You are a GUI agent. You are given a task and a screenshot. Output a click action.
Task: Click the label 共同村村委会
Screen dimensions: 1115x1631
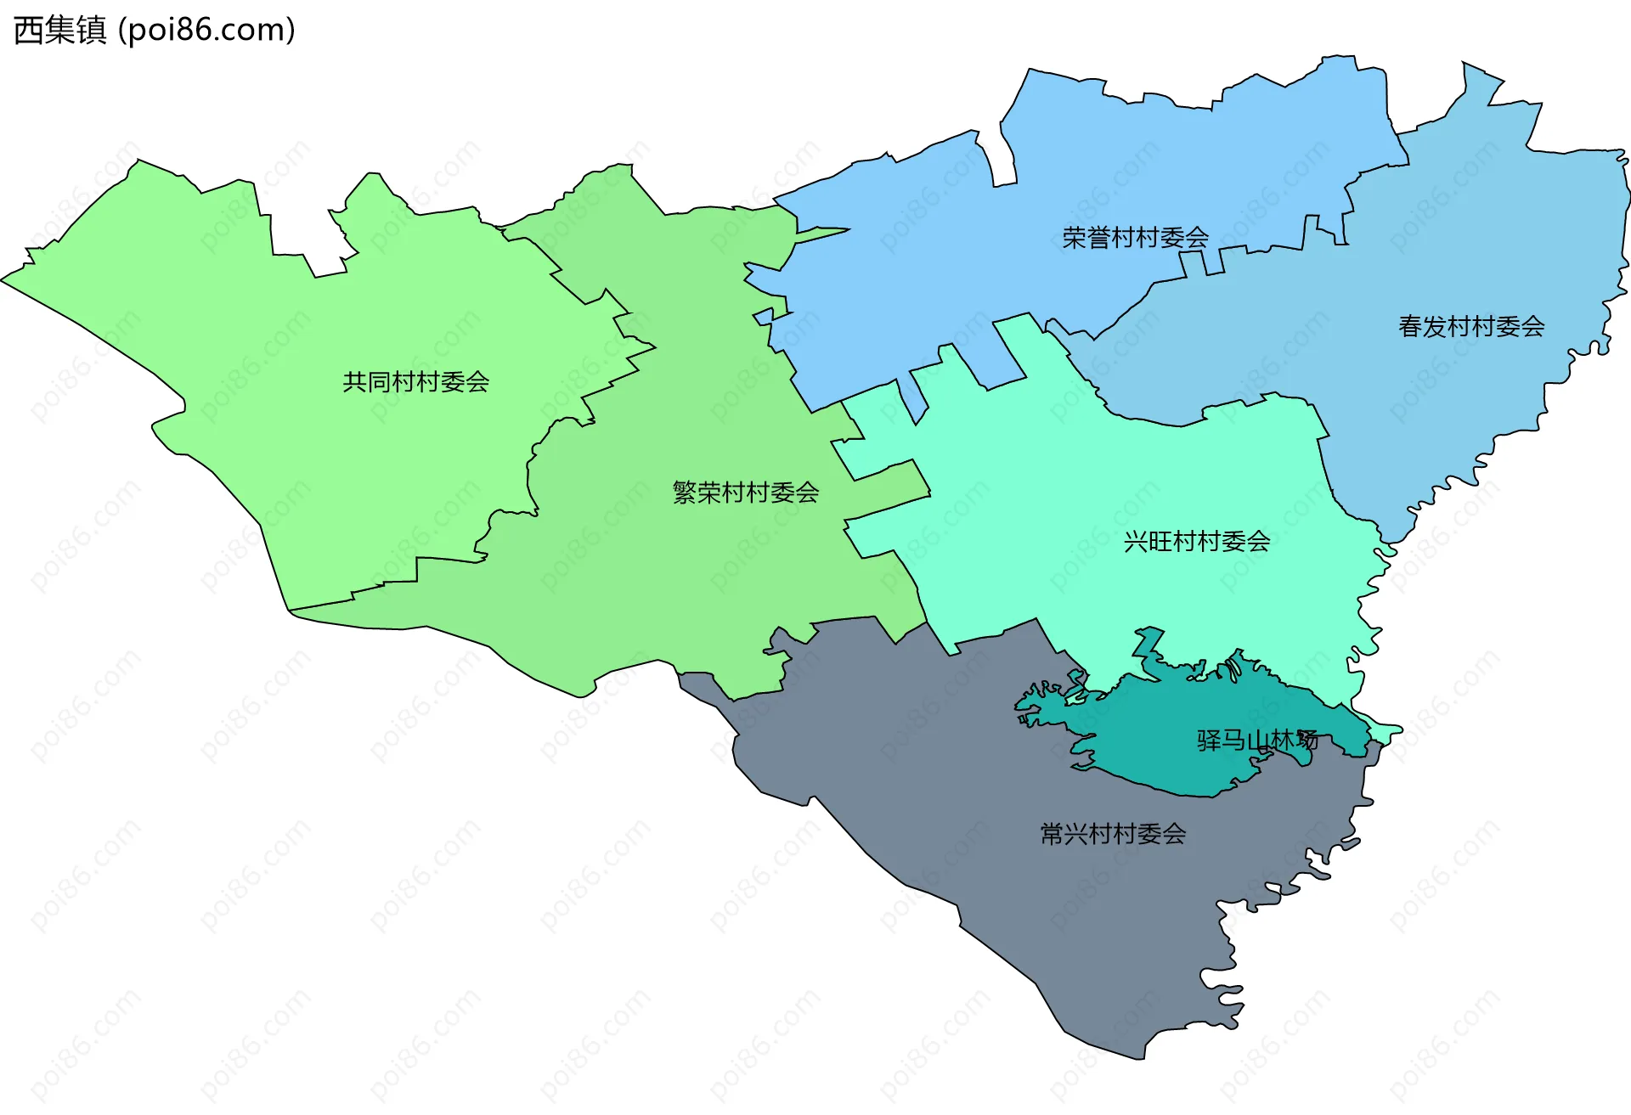415,382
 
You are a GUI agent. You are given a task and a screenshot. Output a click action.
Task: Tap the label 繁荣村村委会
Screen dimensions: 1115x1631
745,493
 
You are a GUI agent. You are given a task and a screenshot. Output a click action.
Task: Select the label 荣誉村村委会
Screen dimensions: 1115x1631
1135,238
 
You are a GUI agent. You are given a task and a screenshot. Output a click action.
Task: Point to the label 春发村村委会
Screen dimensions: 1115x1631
1470,326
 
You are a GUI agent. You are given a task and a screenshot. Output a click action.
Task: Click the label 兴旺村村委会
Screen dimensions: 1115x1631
1196,542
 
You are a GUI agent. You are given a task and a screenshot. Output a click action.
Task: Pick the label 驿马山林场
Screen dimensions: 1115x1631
1257,741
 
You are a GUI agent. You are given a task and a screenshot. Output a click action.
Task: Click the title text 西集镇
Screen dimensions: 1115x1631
60,31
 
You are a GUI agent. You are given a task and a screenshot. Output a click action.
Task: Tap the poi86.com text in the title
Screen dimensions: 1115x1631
206,31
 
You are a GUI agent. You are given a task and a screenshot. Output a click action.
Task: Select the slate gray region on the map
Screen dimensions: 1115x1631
1019,849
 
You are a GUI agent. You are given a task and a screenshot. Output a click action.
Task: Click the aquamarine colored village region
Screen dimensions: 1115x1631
1104,476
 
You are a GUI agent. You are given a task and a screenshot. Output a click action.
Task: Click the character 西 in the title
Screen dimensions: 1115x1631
29,31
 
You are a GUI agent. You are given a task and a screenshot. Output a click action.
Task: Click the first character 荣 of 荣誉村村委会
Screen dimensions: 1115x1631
1075,238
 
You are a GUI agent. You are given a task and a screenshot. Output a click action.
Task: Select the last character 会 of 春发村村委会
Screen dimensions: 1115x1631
1532,326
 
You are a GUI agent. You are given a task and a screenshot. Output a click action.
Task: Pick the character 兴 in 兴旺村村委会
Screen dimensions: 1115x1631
1136,542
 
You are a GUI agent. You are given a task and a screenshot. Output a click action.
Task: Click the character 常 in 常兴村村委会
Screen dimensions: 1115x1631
1052,834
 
